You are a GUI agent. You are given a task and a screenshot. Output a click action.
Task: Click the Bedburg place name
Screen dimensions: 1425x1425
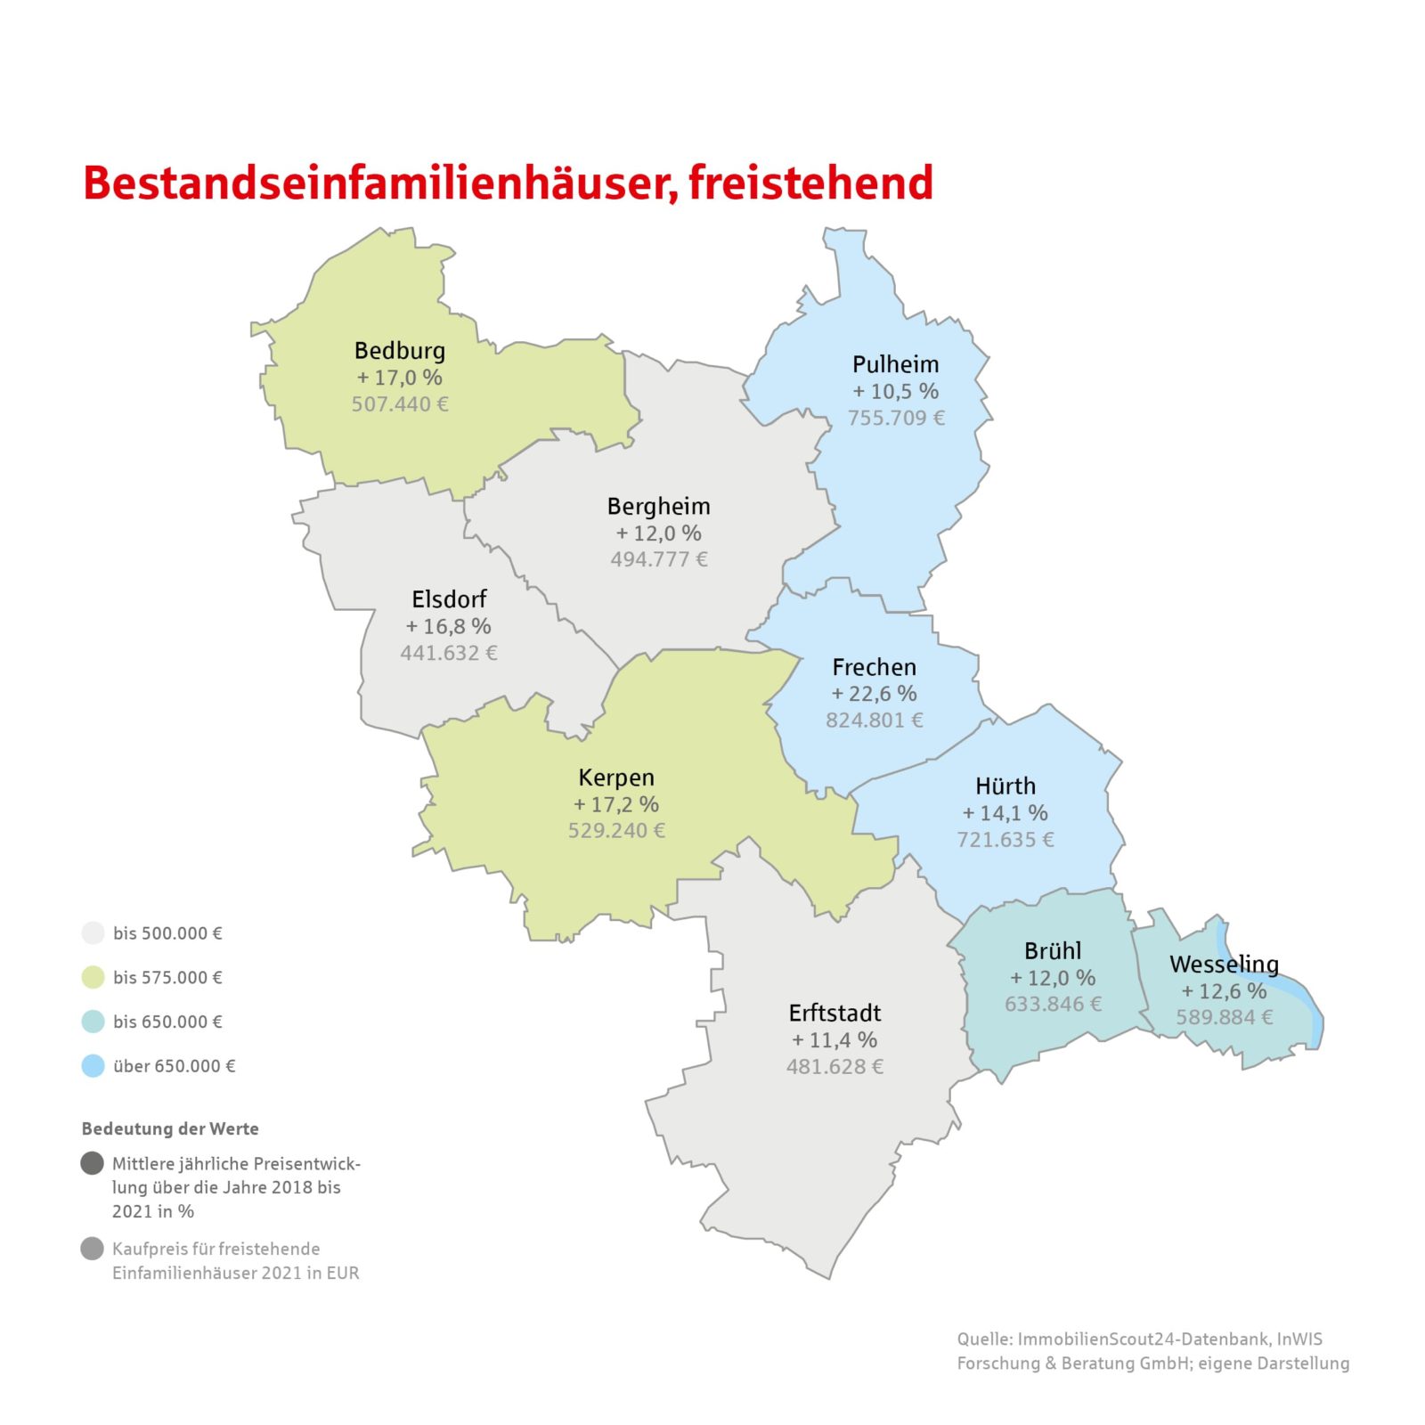(399, 351)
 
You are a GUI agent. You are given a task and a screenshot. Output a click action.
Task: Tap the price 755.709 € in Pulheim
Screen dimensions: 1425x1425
(895, 418)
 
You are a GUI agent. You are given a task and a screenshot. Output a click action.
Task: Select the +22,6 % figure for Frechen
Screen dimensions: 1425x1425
(874, 694)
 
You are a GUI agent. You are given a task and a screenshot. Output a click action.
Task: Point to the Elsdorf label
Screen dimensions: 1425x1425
(449, 599)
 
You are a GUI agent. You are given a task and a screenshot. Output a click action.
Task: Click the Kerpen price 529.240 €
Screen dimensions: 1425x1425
(616, 831)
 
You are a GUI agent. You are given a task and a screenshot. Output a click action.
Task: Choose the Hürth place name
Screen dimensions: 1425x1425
(1006, 786)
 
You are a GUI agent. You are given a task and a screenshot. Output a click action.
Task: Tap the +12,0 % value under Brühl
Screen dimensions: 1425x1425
(1053, 978)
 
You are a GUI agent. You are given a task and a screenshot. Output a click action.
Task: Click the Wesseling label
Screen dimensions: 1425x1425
(1224, 965)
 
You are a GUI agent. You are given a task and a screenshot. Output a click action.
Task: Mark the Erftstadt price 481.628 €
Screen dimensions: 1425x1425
(835, 1067)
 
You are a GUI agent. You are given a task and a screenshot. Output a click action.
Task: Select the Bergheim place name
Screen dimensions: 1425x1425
(658, 507)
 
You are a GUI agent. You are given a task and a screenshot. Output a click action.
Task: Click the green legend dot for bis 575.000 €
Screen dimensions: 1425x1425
(93, 977)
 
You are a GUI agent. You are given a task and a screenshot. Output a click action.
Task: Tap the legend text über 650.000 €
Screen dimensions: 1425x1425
(174, 1066)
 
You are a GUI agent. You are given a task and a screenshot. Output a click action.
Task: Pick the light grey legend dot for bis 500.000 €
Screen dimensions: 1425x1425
(93, 933)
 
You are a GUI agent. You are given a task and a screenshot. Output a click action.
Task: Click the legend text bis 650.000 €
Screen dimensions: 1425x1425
(167, 1022)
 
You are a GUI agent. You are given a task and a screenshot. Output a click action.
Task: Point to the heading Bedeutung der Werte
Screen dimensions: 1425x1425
(170, 1128)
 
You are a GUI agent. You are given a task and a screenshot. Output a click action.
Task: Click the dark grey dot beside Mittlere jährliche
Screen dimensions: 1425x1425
(93, 1163)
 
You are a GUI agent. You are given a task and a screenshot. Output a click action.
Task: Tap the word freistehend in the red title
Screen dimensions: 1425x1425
(810, 183)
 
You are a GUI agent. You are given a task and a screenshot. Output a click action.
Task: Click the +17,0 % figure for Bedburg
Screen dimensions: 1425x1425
(399, 378)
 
